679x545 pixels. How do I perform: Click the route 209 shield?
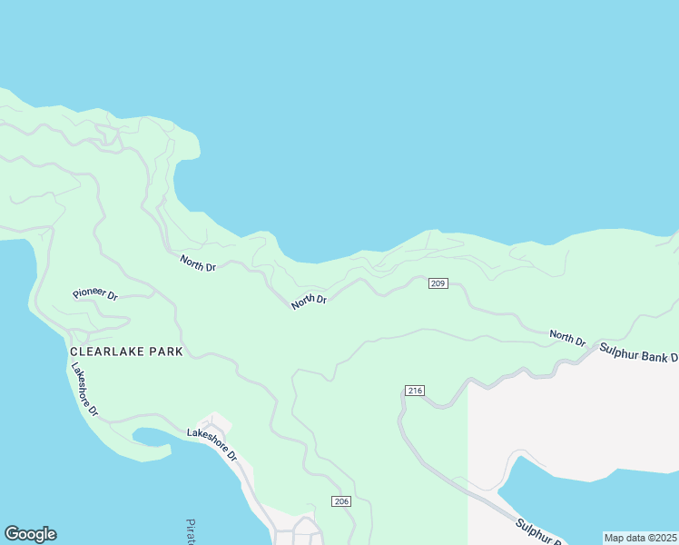click(438, 284)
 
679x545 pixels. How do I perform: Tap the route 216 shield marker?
click(414, 391)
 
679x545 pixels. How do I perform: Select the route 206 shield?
click(340, 501)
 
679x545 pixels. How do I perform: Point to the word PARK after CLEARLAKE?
click(168, 351)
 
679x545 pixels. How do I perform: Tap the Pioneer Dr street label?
click(95, 295)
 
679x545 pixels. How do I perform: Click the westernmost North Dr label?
click(198, 264)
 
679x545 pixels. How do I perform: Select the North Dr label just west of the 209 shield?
click(309, 302)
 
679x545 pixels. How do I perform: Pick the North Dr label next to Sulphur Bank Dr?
click(567, 339)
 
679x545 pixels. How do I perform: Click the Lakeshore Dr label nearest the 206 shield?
click(212, 444)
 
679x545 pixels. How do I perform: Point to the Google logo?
click(30, 534)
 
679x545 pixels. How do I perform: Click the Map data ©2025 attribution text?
click(640, 538)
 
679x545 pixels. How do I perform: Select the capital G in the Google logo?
click(13, 534)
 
